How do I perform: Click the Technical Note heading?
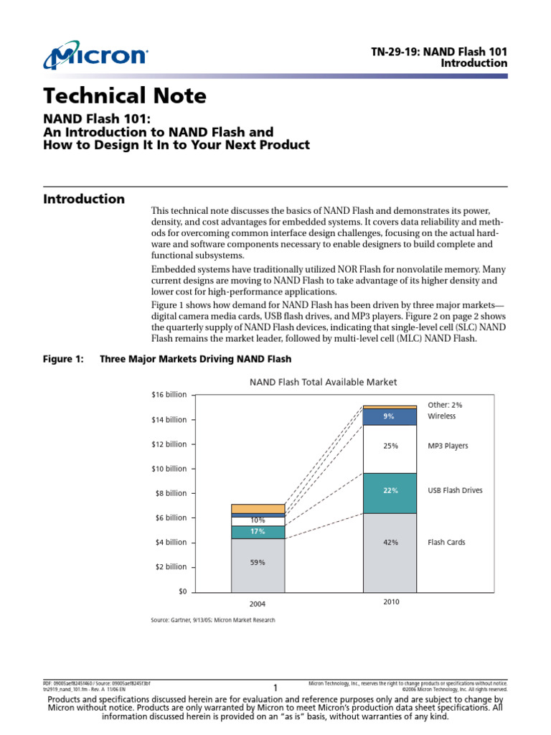click(125, 95)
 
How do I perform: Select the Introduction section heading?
click(84, 199)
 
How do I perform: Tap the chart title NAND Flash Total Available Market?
click(323, 382)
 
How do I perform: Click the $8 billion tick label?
click(171, 493)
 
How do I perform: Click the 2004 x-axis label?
click(258, 604)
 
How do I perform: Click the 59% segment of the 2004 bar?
click(258, 563)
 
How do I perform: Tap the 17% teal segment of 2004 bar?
click(258, 532)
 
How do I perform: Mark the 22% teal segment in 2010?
click(390, 492)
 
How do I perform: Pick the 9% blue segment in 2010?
click(390, 416)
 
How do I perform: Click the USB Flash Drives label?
click(455, 491)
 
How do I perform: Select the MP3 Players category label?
click(448, 446)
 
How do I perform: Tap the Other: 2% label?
click(445, 405)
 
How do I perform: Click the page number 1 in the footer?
click(275, 687)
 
